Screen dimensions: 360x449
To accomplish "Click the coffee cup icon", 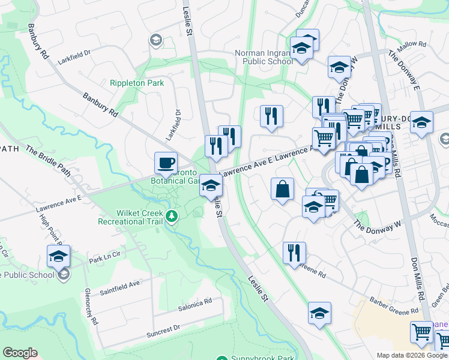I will point(166,163).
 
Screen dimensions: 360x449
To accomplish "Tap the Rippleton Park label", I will point(136,83).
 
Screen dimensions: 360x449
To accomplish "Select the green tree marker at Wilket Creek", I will point(173,215).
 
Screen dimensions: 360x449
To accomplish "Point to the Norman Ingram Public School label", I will point(264,57).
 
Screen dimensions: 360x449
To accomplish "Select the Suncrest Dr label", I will point(164,329).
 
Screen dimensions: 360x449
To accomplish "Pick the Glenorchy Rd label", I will point(91,306).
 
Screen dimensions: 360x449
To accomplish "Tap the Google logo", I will point(20,353).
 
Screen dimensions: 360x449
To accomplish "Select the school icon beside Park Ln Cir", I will point(58,256).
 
